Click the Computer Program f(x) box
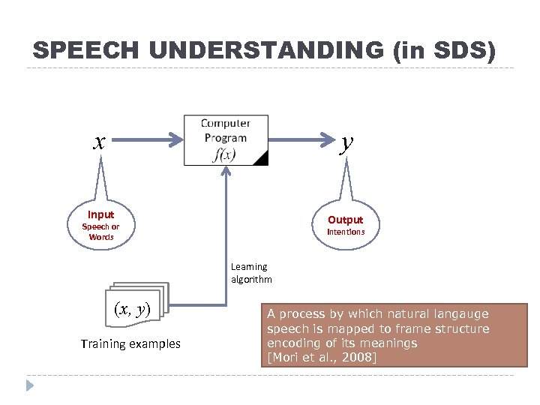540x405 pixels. [x=226, y=139]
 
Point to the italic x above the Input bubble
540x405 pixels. [x=99, y=140]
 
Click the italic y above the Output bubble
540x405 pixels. [x=345, y=141]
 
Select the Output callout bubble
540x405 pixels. [x=345, y=224]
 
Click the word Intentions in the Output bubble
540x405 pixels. [x=345, y=232]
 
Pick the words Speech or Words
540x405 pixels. [x=100, y=232]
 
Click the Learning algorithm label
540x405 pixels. [x=251, y=273]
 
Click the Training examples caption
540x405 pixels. [x=130, y=344]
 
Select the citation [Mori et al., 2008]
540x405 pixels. [x=320, y=357]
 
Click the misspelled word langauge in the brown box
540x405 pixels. [x=460, y=314]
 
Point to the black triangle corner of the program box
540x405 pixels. [x=262, y=157]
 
